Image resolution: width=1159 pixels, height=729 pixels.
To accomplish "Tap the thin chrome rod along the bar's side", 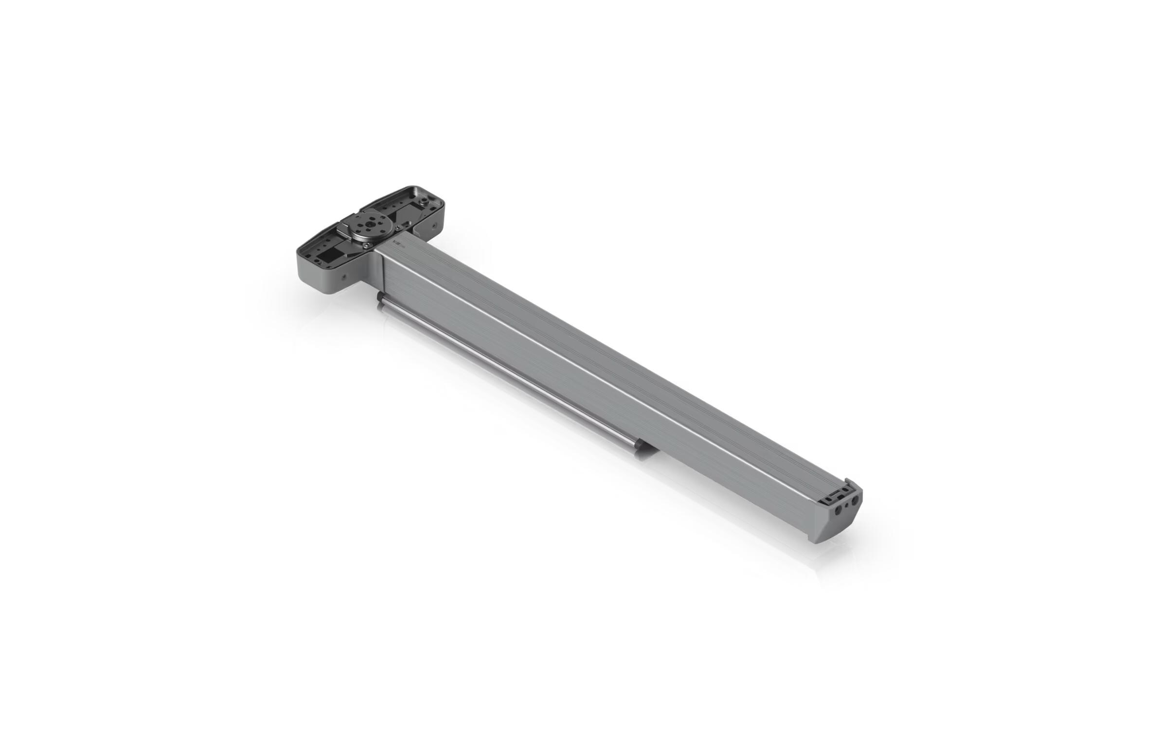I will [511, 375].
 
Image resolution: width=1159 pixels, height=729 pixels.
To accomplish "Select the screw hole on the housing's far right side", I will [434, 225].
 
